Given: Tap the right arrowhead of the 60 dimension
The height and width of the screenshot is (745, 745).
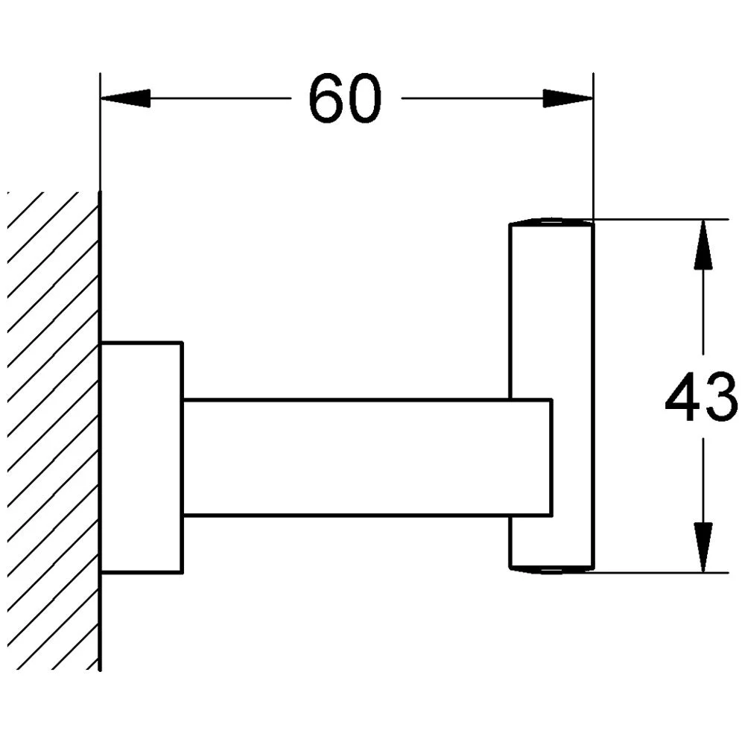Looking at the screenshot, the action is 568,98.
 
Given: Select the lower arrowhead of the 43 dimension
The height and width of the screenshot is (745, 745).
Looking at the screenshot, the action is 703,547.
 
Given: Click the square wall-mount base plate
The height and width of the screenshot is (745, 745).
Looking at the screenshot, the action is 142,457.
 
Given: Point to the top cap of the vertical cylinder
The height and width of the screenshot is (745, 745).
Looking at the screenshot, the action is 551,222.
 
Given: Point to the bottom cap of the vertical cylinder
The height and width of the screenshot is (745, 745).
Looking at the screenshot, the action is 551,570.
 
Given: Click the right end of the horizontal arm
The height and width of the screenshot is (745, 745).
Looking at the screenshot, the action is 550,457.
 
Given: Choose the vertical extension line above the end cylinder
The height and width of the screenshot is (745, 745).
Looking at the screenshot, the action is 593,149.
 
